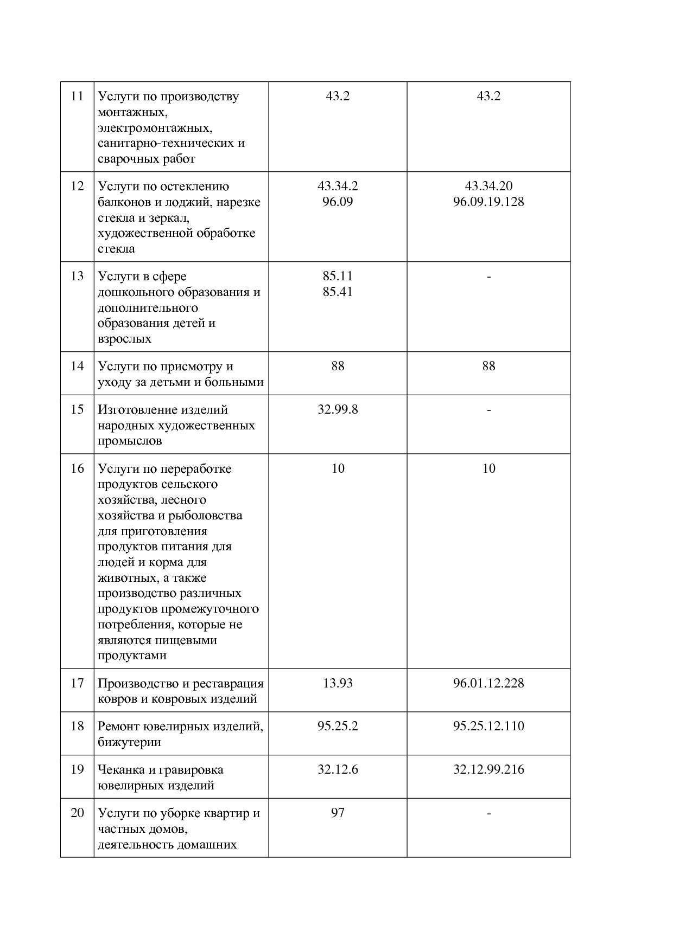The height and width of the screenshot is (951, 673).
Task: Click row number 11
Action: click(77, 97)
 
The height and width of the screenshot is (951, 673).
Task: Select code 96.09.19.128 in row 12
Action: click(488, 202)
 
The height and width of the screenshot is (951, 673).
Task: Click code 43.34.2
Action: click(338, 187)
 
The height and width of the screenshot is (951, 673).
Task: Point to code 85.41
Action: click(338, 292)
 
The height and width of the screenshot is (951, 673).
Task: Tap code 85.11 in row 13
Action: click(338, 277)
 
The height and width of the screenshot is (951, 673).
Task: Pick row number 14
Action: click(77, 367)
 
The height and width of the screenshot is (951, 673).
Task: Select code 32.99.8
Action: click(338, 410)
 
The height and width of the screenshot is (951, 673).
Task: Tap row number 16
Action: click(77, 469)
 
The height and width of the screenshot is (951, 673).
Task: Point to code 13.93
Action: click(338, 683)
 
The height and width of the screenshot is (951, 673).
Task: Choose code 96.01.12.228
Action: click(488, 683)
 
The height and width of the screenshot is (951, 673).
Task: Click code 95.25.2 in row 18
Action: click(338, 727)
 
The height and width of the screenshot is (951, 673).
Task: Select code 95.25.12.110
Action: click(488, 727)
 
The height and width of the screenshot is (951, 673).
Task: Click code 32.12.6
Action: click(338, 770)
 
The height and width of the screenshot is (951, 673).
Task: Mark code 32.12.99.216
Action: click(488, 770)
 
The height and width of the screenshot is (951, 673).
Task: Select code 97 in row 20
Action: click(338, 813)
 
